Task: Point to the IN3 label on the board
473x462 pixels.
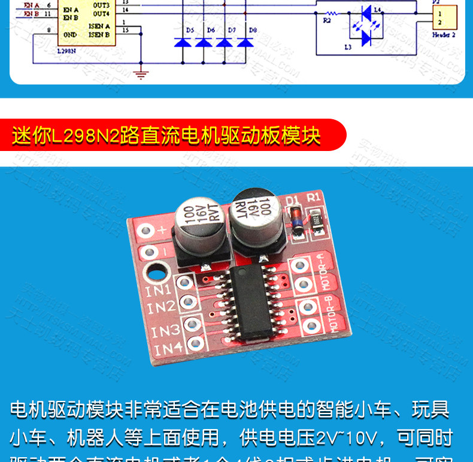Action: (x=165, y=330)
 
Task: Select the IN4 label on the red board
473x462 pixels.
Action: (x=168, y=349)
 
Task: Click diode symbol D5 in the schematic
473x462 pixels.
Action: (x=183, y=42)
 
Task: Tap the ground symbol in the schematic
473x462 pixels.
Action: (x=141, y=74)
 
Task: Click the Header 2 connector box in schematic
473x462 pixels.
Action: (x=444, y=18)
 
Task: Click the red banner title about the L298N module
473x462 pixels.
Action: (x=167, y=135)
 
